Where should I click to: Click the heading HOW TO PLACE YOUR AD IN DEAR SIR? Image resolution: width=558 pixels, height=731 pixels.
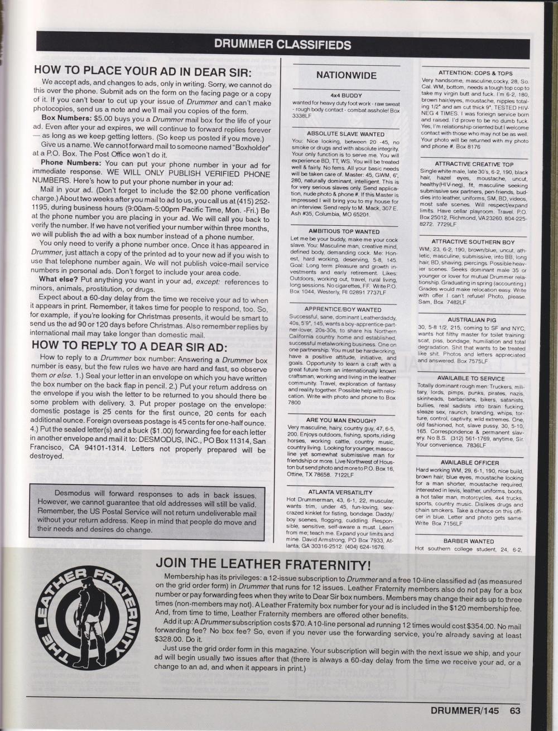point(142,72)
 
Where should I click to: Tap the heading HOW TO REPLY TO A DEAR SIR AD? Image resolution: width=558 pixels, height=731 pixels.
point(138,343)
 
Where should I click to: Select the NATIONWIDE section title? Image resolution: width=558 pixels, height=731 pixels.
point(346,75)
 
